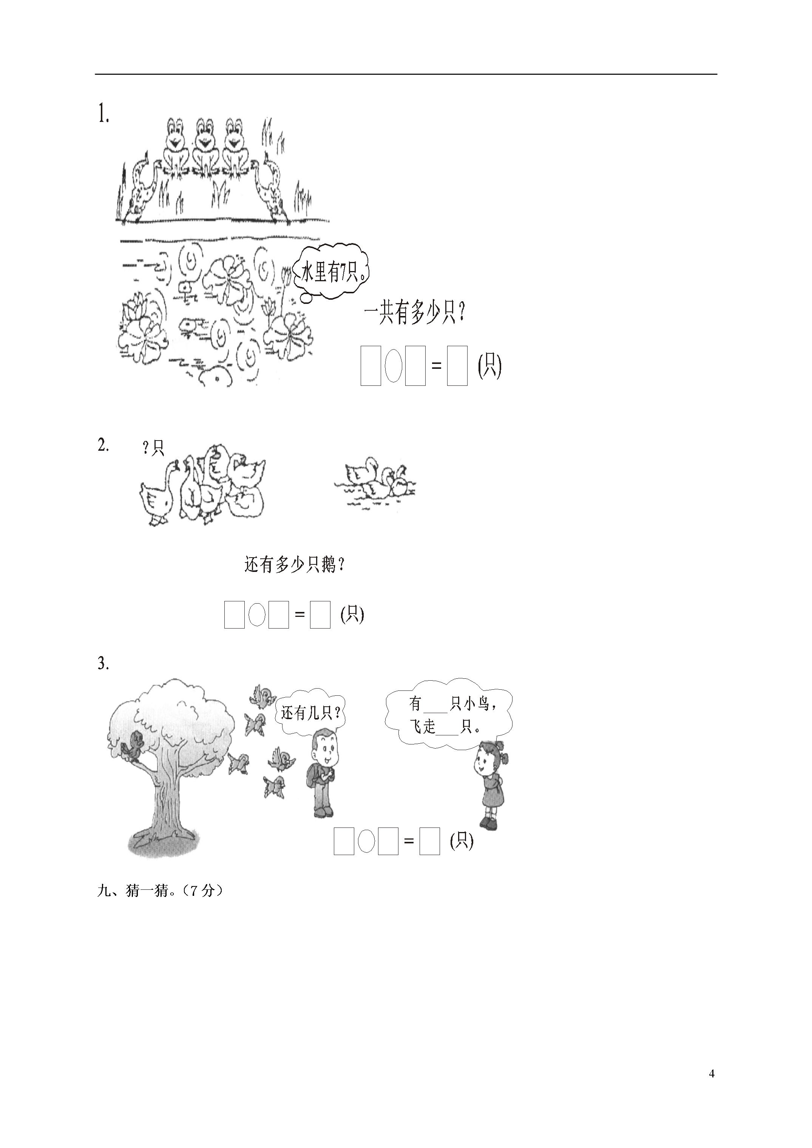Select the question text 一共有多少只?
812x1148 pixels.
(x=414, y=315)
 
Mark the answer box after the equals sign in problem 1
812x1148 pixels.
(x=457, y=365)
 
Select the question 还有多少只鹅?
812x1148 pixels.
(x=295, y=565)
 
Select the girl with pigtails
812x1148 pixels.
(x=491, y=785)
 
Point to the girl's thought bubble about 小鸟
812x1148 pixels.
(x=449, y=714)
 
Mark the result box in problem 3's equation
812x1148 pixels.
(x=430, y=841)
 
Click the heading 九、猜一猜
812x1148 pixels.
(x=160, y=891)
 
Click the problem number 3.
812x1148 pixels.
(x=103, y=664)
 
